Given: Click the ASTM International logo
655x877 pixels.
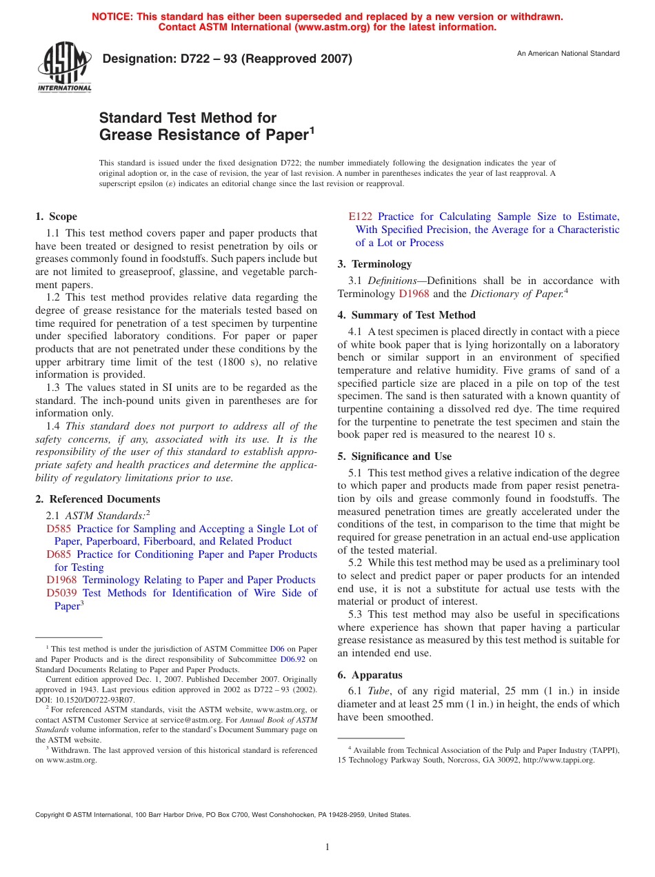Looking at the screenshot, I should coord(64,68).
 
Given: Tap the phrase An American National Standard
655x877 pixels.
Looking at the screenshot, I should coord(568,54).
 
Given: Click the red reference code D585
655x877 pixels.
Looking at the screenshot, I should coord(59,529).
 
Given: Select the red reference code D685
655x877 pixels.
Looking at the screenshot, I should coord(59,554).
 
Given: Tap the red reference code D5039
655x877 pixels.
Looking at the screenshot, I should coord(61,593).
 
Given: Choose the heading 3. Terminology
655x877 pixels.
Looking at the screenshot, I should coord(374,264).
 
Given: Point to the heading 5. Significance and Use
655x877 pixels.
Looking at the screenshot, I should coord(394,456).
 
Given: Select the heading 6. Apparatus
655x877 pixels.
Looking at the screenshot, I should coord(370,675).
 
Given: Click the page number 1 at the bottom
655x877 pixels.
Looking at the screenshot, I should coord(327,847).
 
